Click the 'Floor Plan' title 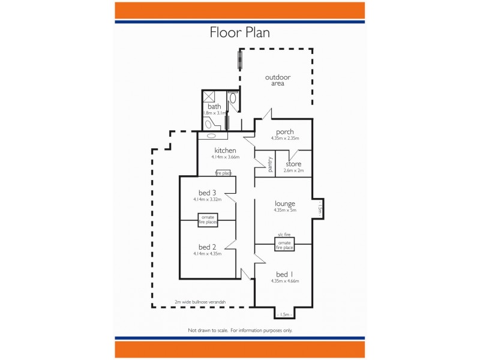point(239,32)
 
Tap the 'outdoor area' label point(278,80)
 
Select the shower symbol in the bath point(209,97)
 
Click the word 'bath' point(214,106)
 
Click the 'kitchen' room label point(225,150)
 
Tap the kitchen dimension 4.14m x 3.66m point(225,157)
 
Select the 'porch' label point(284,132)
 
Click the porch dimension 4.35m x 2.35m point(284,139)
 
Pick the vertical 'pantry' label point(270,164)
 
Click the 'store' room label point(293,164)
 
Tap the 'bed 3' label point(208,193)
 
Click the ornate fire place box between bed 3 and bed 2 point(208,220)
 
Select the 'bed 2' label point(208,247)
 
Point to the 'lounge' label point(284,203)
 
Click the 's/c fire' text point(284,235)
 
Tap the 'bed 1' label point(284,274)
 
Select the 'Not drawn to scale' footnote point(240,331)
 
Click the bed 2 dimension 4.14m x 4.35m point(208,254)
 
